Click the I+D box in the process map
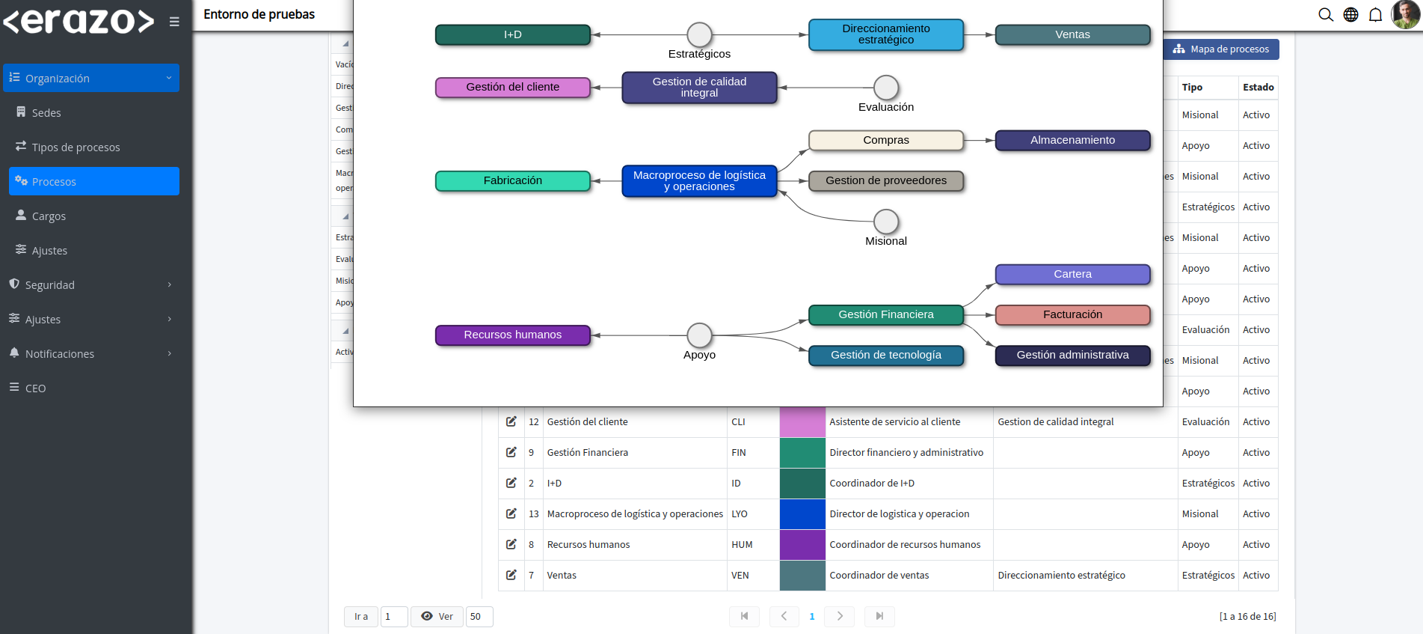click(x=513, y=35)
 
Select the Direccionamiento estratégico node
click(x=886, y=34)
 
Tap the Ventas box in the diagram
click(x=1072, y=35)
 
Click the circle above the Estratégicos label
click(x=699, y=34)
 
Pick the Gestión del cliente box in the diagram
click(x=513, y=88)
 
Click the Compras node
click(x=886, y=140)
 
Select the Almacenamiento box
click(x=1072, y=140)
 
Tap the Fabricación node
click(x=513, y=180)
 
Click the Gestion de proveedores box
click(x=886, y=180)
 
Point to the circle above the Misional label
click(x=886, y=222)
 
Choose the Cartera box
click(x=1072, y=275)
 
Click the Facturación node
click(x=1072, y=315)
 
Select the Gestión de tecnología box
click(x=886, y=356)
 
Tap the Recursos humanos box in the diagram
click(x=513, y=335)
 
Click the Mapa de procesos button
click(x=1221, y=49)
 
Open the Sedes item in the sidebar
click(x=46, y=113)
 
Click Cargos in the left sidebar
click(x=49, y=216)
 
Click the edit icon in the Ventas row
click(x=511, y=575)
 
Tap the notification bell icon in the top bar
click(x=1375, y=15)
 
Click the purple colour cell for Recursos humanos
click(x=802, y=545)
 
